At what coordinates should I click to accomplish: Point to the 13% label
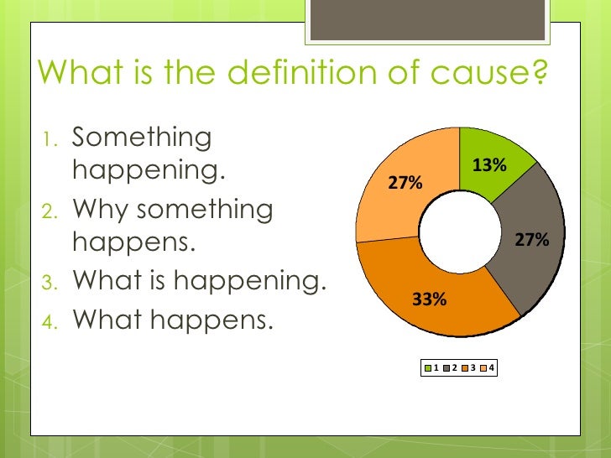[x=489, y=165]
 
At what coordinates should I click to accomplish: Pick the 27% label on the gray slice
[x=531, y=240]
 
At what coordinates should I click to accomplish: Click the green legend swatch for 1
[x=426, y=368]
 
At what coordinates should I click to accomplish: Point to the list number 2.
[x=48, y=211]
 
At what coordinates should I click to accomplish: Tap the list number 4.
[x=48, y=320]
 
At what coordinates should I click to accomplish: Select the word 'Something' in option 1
[x=142, y=137]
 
